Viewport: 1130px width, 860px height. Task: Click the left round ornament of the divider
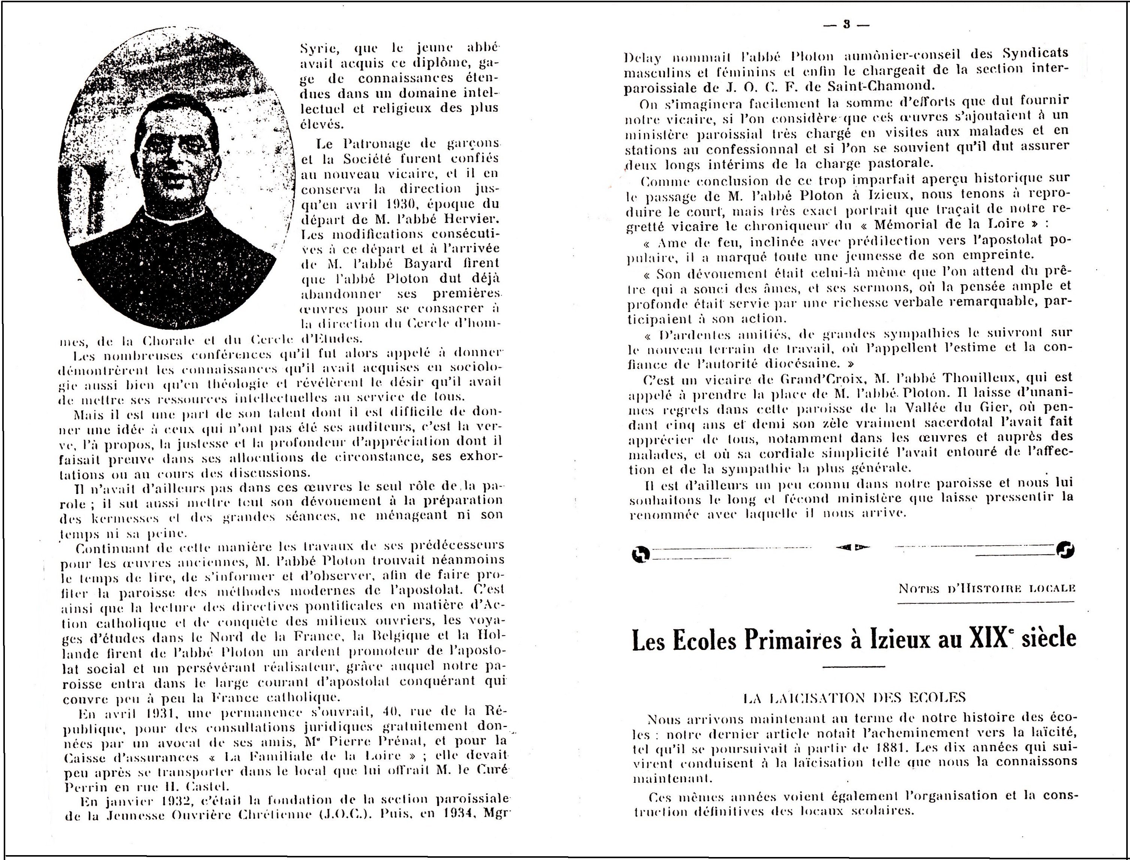[641, 553]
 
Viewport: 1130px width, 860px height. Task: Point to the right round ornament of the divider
[1066, 550]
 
